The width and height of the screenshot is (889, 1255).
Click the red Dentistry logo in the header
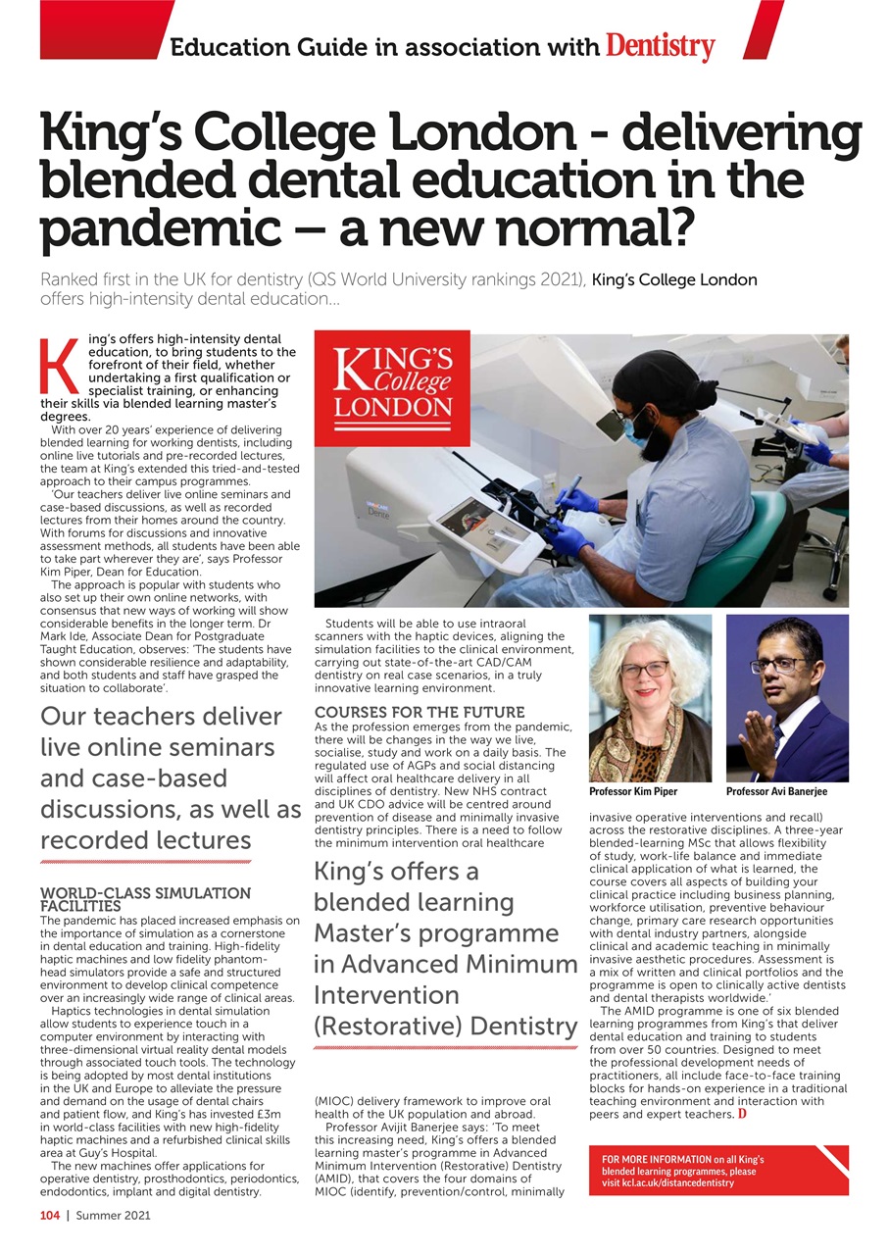pyautogui.click(x=660, y=45)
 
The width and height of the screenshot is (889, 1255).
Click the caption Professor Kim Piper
pyautogui.click(x=632, y=791)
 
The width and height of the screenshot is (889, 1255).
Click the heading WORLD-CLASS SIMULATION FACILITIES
pyautogui.click(x=145, y=900)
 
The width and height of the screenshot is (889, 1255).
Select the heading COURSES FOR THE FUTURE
pyautogui.click(x=420, y=712)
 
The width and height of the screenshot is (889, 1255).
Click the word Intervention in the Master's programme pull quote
pyautogui.click(x=387, y=995)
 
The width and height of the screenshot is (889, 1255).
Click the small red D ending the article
pyautogui.click(x=742, y=1115)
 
